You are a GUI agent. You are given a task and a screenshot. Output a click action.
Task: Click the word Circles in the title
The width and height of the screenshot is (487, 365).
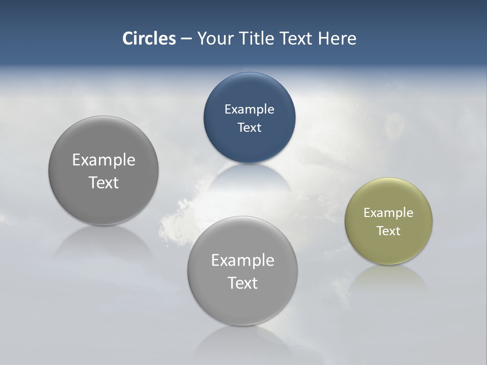[149, 39]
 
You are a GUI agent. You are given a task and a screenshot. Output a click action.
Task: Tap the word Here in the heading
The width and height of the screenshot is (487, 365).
[337, 39]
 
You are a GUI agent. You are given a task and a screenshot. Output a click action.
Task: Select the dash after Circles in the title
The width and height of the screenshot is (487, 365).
[186, 39]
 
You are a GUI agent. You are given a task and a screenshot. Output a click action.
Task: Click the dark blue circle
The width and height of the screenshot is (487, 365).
[250, 147]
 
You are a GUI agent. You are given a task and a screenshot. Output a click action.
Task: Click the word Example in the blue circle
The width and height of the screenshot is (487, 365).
[250, 109]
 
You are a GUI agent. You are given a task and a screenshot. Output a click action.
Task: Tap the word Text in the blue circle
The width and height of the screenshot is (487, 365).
[250, 127]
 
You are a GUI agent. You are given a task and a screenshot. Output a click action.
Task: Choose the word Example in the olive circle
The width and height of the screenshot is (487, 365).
[389, 212]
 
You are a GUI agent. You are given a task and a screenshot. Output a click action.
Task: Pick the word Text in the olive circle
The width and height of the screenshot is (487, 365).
[389, 231]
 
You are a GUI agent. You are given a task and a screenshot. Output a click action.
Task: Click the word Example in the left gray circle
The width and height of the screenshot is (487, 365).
[103, 160]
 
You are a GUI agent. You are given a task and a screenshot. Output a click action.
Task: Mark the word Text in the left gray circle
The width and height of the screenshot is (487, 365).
[103, 182]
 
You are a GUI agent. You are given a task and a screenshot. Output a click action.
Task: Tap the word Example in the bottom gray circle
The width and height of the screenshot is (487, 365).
[242, 260]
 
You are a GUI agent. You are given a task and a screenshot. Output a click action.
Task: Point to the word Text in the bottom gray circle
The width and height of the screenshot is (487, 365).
[242, 283]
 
